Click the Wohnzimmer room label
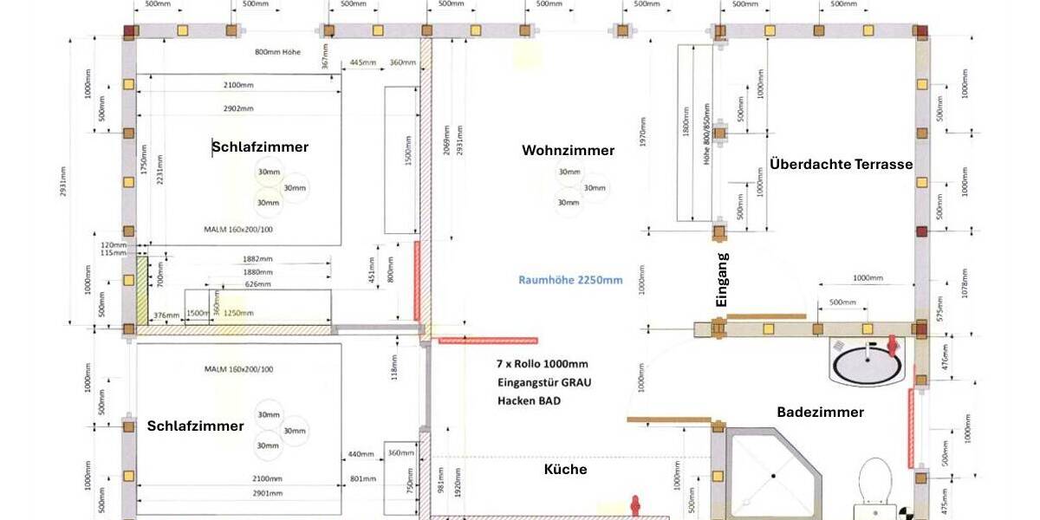568,151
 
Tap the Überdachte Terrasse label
841,164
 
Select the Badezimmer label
820,413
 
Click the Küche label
565,470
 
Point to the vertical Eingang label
722,280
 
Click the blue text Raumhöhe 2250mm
570,280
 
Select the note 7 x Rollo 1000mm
543,363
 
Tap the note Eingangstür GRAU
544,382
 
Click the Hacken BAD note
529,400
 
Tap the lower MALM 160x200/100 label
238,369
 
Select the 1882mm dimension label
257,259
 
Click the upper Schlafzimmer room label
260,147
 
